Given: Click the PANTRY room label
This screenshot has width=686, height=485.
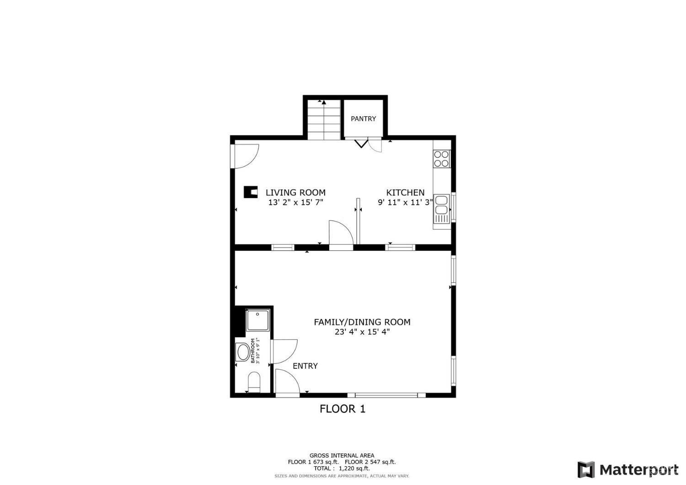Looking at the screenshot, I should click(x=363, y=119).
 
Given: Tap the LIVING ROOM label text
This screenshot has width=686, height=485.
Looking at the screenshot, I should click(x=295, y=193).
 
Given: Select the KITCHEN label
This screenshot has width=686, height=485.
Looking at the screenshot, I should click(x=405, y=193).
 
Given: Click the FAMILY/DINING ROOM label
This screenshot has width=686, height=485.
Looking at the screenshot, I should click(x=362, y=322).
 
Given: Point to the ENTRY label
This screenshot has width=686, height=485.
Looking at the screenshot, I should click(x=305, y=366).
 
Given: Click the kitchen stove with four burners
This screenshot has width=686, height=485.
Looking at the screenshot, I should click(x=442, y=158).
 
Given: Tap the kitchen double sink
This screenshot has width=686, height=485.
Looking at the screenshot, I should click(x=442, y=205).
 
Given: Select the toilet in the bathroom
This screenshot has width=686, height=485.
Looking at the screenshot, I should click(x=253, y=382).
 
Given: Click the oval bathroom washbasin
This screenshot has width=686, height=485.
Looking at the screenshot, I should click(x=242, y=353).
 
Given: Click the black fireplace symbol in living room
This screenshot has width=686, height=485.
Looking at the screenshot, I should click(x=250, y=192).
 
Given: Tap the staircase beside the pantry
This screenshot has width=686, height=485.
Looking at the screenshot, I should click(x=324, y=120).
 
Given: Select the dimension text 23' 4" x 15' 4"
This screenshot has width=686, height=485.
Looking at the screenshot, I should click(x=362, y=332).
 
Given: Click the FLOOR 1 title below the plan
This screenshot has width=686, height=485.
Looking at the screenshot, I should click(x=342, y=409).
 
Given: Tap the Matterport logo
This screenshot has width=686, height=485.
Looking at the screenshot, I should click(x=628, y=470).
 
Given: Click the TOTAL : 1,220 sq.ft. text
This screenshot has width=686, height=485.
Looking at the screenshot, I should click(x=342, y=469).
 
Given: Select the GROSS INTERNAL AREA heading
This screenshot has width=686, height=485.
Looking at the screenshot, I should click(x=342, y=455).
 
